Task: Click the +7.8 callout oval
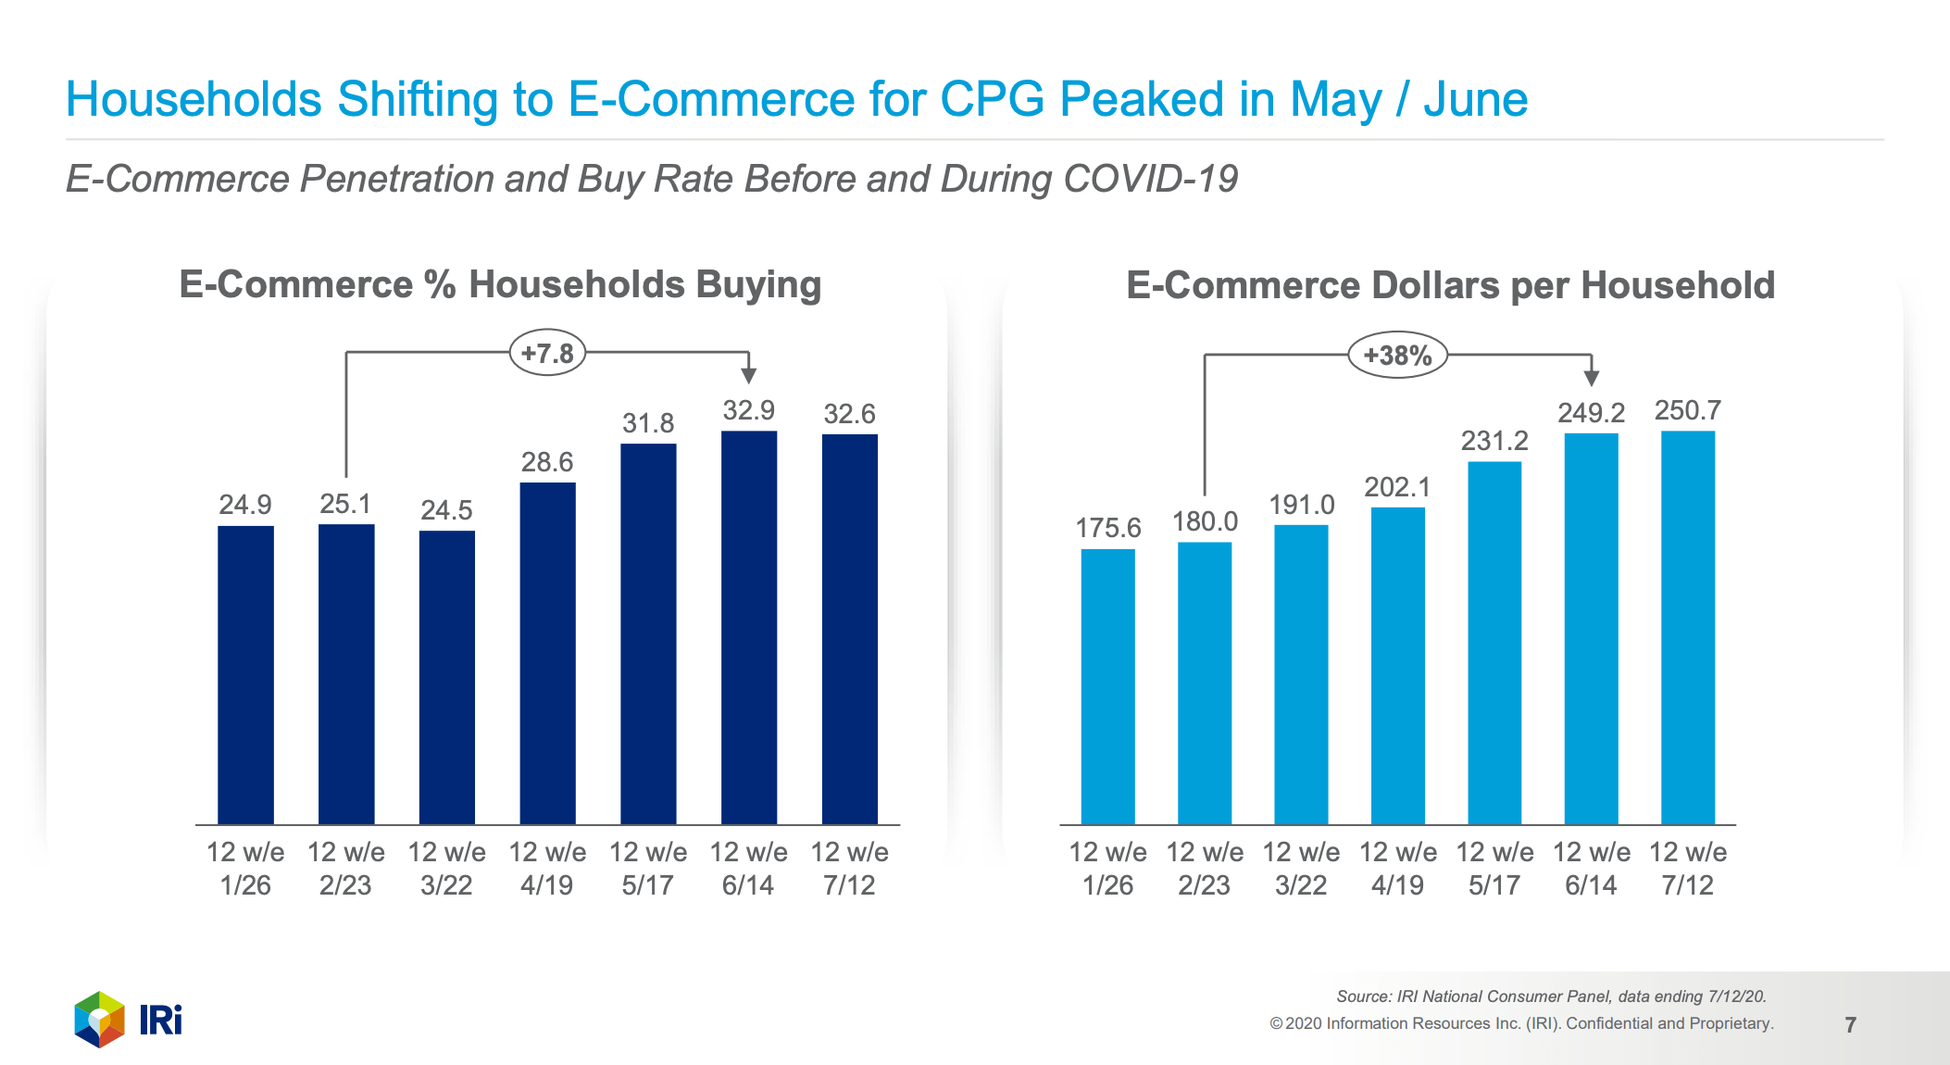pyautogui.click(x=547, y=353)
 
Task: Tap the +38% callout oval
pyautogui.click(x=1396, y=356)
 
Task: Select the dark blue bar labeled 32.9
pyautogui.click(x=748, y=627)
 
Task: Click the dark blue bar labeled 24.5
pyautogui.click(x=446, y=677)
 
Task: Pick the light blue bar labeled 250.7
pyautogui.click(x=1687, y=627)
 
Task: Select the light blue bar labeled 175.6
pyautogui.click(x=1107, y=686)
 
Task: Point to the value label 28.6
pyautogui.click(x=546, y=462)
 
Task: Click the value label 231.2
pyautogui.click(x=1494, y=441)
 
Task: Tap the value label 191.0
pyautogui.click(x=1301, y=505)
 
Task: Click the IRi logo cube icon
pyautogui.click(x=99, y=1020)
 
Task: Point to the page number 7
pyautogui.click(x=1850, y=1025)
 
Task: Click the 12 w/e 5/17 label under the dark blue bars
pyautogui.click(x=647, y=868)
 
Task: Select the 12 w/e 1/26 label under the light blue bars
pyautogui.click(x=1107, y=868)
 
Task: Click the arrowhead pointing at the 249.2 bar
pyautogui.click(x=1591, y=377)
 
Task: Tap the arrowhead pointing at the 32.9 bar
pyautogui.click(x=748, y=374)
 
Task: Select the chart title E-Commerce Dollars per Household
pyautogui.click(x=1450, y=285)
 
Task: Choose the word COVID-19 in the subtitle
pyautogui.click(x=1150, y=179)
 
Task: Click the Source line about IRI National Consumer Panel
pyautogui.click(x=1551, y=996)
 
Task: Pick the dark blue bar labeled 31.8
pyautogui.click(x=648, y=633)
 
